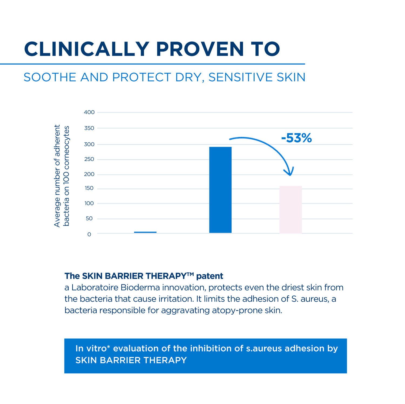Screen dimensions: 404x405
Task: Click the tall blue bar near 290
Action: tap(220, 190)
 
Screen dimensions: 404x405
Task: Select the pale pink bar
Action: tap(291, 209)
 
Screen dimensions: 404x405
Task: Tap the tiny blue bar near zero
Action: tap(145, 232)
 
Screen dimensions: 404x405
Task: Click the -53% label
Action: tap(296, 138)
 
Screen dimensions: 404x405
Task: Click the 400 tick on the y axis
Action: tap(89, 112)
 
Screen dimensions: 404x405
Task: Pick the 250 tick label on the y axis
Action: tap(89, 159)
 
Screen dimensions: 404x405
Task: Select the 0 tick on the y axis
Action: tap(89, 234)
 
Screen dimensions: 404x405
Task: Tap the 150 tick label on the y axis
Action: tap(89, 188)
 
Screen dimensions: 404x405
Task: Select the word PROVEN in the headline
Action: tap(200, 49)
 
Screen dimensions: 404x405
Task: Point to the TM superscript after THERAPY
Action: tap(190, 274)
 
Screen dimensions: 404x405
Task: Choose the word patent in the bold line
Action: tap(210, 276)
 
